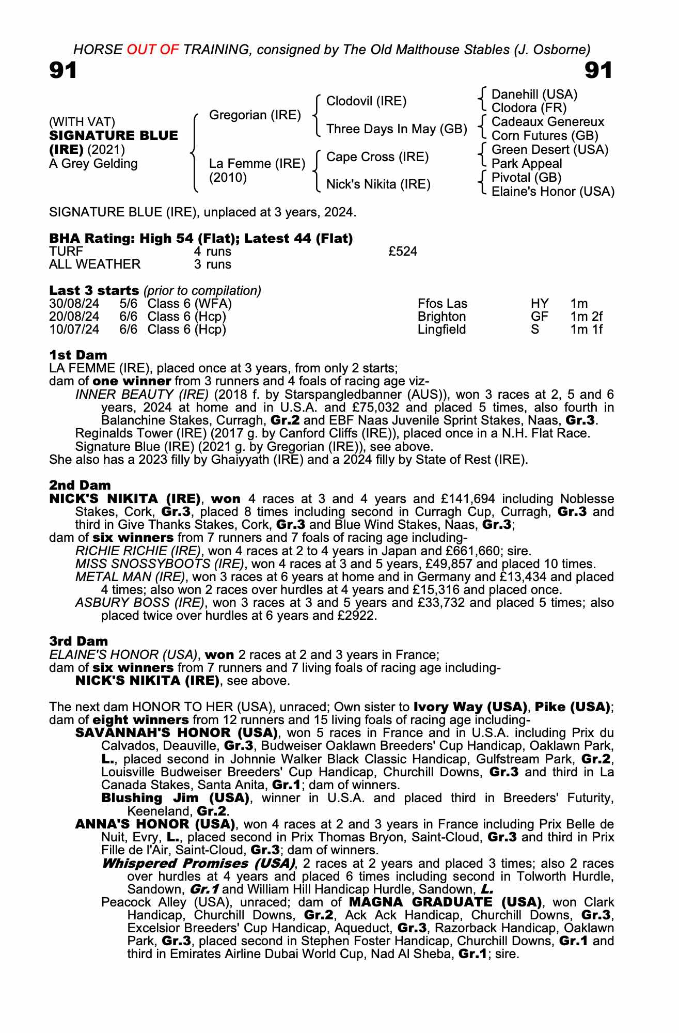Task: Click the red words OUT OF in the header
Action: click(x=151, y=50)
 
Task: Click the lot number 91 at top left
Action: click(x=63, y=70)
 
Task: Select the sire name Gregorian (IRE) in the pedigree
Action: click(x=255, y=115)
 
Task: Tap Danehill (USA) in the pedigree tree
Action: click(x=534, y=94)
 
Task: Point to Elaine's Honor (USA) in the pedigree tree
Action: click(x=552, y=192)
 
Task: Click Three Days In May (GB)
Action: click(x=397, y=129)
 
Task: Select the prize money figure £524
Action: click(x=402, y=252)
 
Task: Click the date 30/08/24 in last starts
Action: click(x=74, y=304)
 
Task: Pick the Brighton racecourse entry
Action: click(x=441, y=317)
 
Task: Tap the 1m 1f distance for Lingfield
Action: click(x=586, y=330)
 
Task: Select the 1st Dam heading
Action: click(x=78, y=355)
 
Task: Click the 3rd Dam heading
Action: click(x=78, y=641)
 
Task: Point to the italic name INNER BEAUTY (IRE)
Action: click(x=141, y=395)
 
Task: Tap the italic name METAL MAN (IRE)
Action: click(x=130, y=576)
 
